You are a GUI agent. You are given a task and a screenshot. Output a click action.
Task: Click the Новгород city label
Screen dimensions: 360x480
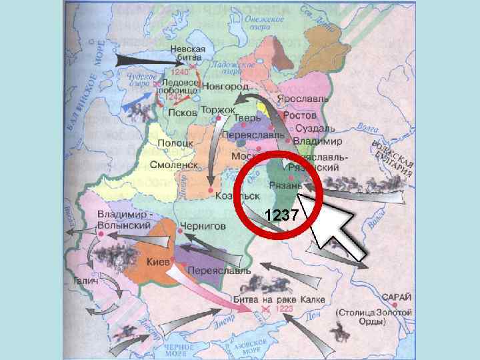[226, 87]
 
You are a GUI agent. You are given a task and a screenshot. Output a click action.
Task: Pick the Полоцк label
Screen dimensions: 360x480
[175, 143]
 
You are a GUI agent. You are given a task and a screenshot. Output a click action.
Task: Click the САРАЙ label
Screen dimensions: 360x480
[397, 297]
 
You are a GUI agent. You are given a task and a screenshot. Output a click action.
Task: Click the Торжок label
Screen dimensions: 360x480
[217, 109]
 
